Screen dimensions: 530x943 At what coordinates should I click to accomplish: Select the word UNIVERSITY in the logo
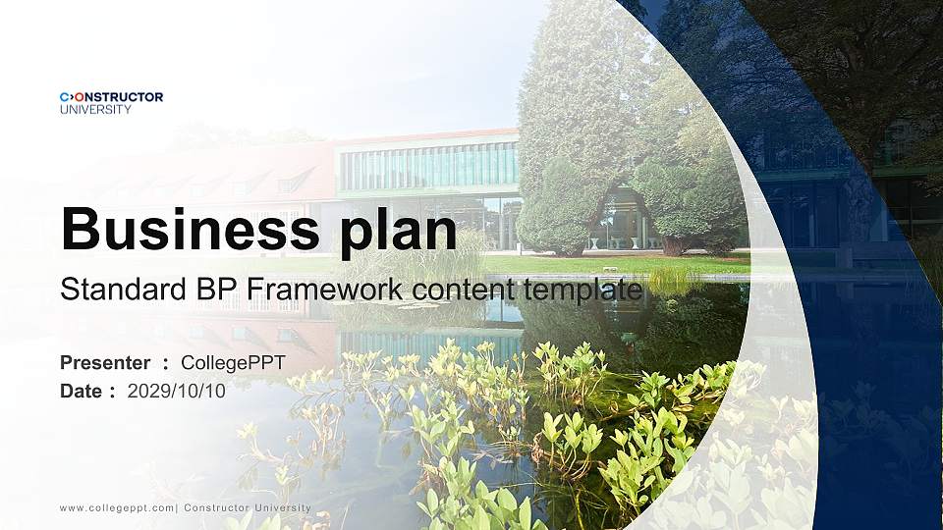pyautogui.click(x=95, y=110)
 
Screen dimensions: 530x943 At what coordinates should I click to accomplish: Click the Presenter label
pyautogui.click(x=105, y=363)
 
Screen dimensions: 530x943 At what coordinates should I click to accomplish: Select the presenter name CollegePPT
pyautogui.click(x=233, y=363)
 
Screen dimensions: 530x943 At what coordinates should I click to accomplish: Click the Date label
pyautogui.click(x=81, y=391)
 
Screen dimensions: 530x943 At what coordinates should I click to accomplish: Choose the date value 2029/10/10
pyautogui.click(x=176, y=391)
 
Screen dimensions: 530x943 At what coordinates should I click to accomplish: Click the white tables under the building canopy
pyautogui.click(x=614, y=240)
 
